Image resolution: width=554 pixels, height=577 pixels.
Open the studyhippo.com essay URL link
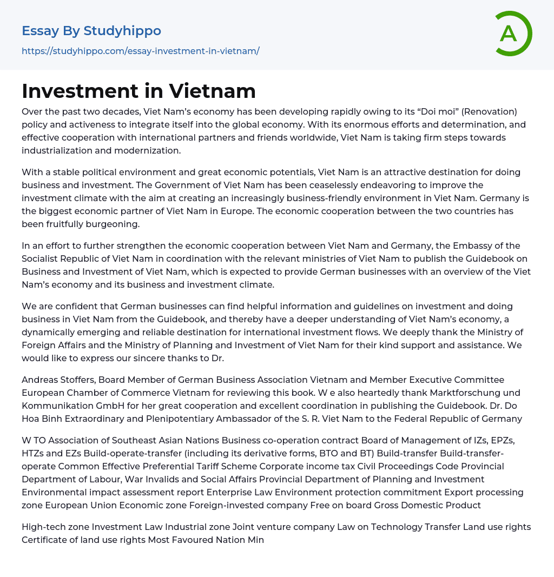tap(140, 51)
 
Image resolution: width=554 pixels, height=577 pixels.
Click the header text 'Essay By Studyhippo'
tap(91, 31)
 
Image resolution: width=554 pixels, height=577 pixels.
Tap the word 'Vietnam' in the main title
tap(212, 91)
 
